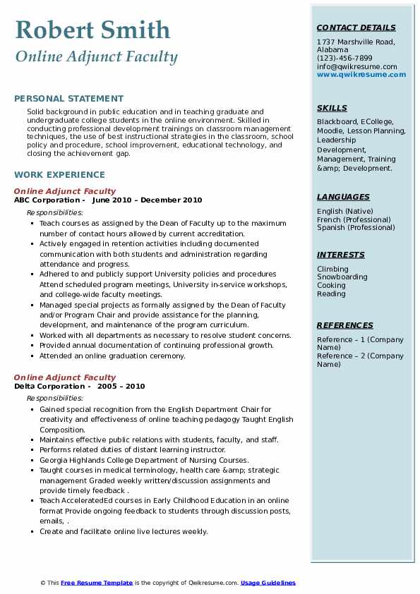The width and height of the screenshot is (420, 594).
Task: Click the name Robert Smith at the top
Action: (92, 30)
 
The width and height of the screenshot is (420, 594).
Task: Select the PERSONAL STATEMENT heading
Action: (68, 99)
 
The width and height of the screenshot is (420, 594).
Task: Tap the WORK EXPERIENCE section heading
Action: (59, 174)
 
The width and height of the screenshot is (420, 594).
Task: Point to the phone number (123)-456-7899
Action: (344, 59)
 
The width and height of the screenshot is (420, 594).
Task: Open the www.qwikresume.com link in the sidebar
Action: (356, 75)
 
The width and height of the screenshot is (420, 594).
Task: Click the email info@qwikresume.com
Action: (356, 67)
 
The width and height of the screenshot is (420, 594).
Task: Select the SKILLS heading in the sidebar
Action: (332, 108)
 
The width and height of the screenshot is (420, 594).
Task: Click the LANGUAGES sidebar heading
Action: (343, 197)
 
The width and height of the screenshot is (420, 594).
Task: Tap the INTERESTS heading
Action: (341, 255)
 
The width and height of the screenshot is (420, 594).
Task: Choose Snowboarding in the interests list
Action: (342, 277)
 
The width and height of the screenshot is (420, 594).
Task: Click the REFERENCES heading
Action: (344, 325)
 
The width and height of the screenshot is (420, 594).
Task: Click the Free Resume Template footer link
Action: (97, 583)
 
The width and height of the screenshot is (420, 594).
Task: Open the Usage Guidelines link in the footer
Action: (268, 583)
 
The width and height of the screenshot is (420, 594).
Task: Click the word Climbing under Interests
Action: (332, 269)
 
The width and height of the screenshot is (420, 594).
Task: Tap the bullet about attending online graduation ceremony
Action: (112, 356)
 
